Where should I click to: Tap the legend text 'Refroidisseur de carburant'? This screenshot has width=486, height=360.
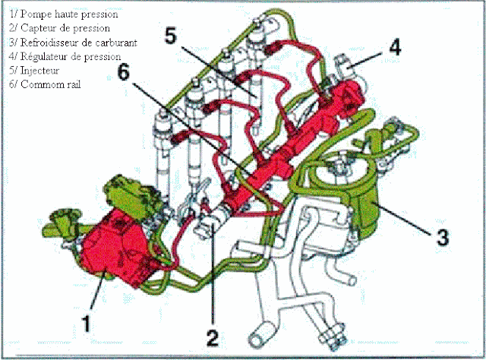click(69, 42)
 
